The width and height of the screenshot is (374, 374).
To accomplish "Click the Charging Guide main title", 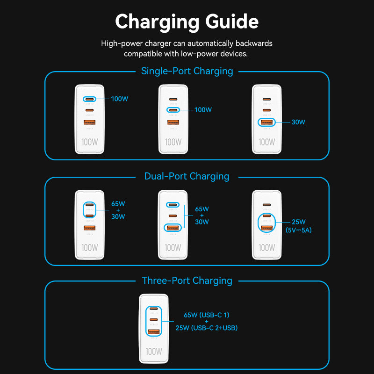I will click(187, 22).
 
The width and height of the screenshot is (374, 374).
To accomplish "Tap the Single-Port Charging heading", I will click(187, 71).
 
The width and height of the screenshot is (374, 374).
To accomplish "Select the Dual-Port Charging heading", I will click(187, 176).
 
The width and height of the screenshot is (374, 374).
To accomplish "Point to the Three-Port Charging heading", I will click(187, 280).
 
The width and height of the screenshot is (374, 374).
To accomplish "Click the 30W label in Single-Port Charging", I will click(298, 122).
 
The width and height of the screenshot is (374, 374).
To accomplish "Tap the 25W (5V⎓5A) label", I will click(298, 226).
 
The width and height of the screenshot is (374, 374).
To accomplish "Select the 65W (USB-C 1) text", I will click(206, 315).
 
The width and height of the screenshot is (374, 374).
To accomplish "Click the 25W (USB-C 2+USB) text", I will click(206, 328).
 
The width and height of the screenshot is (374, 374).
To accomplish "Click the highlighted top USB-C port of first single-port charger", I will click(89, 99).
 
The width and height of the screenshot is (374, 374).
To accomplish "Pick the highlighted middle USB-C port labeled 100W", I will click(173, 110).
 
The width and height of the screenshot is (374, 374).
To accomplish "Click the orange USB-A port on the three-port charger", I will click(154, 332).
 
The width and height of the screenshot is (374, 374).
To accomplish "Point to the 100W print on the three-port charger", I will click(154, 351).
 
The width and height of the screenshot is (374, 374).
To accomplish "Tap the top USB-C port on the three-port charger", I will click(154, 309).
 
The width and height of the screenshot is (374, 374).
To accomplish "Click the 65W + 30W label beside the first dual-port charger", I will click(118, 210).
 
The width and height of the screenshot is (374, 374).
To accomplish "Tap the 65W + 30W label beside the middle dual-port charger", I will click(202, 215).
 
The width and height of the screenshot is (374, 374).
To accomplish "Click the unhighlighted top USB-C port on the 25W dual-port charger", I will click(266, 205).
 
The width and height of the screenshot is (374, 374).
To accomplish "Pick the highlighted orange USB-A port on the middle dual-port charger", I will click(173, 228).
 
